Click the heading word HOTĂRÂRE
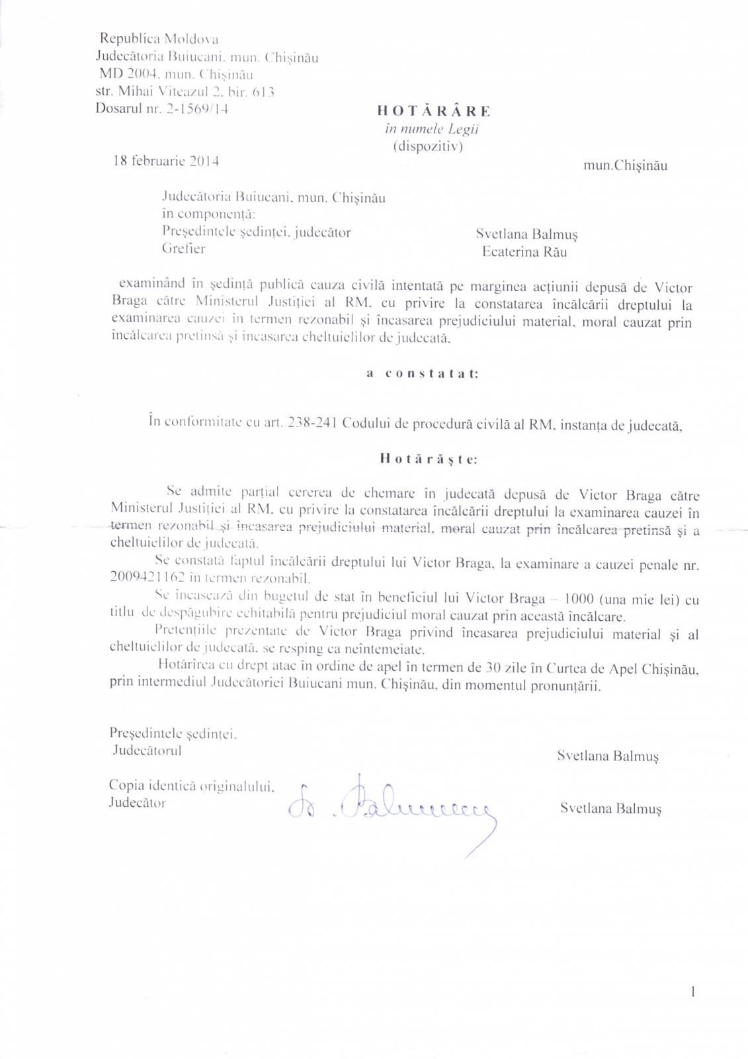click(434, 111)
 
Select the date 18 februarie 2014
click(166, 161)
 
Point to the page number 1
click(692, 991)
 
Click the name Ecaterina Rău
click(524, 252)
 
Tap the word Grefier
click(184, 249)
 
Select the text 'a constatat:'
click(423, 374)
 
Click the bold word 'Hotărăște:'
click(429, 459)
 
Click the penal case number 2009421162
click(148, 577)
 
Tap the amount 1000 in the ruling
click(579, 599)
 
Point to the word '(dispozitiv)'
click(428, 146)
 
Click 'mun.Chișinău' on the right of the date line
click(625, 165)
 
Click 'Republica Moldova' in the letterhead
click(159, 40)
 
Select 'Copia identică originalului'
click(191, 786)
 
